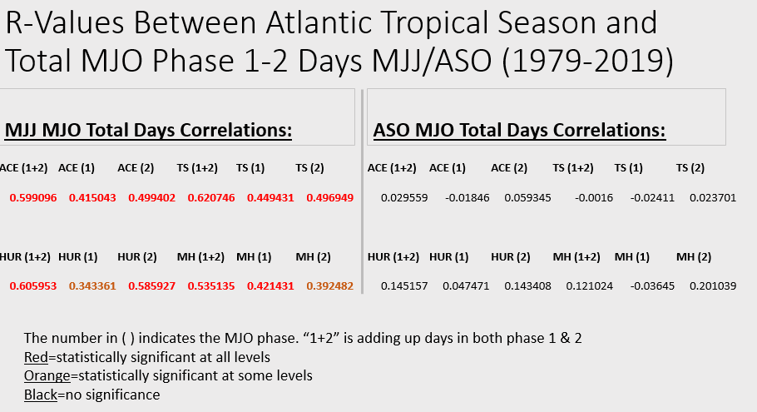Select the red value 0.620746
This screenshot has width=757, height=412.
pos(211,198)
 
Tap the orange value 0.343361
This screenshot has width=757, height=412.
pos(92,285)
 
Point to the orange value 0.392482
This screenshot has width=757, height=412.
pos(330,285)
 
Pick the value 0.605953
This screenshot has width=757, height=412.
pos(33,285)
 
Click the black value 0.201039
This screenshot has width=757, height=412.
pos(713,285)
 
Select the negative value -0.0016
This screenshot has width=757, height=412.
pos(593,198)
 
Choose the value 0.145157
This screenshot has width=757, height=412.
pos(404,285)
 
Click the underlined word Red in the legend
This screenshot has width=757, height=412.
pos(37,357)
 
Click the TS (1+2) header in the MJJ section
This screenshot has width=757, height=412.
pos(197,168)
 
